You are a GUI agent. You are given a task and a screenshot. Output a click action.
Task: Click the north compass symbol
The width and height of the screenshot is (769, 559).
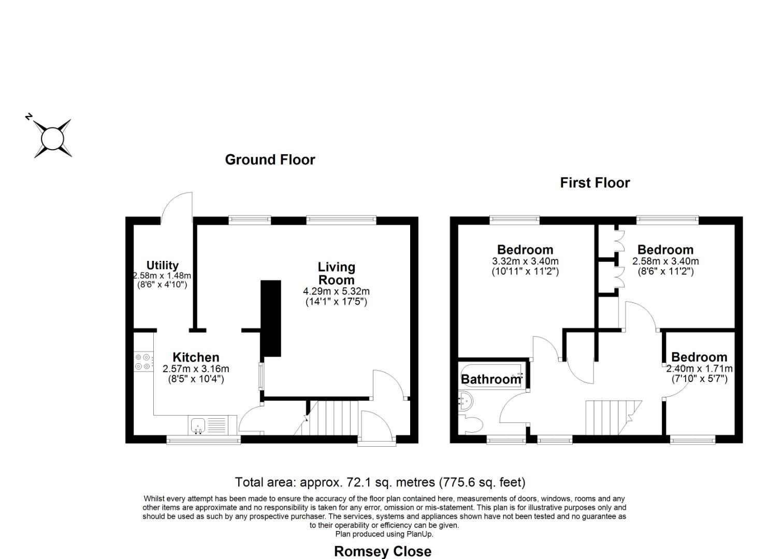tap(52, 138)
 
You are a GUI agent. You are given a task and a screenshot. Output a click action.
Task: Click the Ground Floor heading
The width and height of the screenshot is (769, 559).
tap(270, 159)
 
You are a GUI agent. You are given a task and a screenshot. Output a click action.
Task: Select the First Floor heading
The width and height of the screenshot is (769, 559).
tap(594, 183)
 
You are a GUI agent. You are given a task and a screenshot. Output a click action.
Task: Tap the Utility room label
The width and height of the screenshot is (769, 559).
tap(162, 266)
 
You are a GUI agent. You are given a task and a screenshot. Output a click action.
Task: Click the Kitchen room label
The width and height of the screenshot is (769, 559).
tap(196, 357)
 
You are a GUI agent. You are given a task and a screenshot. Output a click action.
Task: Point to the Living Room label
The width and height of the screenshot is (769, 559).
tap(336, 273)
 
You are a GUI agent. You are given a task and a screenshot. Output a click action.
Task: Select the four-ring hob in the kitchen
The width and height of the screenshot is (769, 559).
tap(143, 362)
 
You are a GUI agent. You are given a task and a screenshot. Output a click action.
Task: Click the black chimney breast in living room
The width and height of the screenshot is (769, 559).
tap(270, 318)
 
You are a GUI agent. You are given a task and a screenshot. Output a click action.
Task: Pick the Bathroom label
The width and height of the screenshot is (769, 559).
tap(490, 379)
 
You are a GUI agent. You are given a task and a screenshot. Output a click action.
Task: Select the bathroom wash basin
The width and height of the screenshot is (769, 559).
tap(465, 400)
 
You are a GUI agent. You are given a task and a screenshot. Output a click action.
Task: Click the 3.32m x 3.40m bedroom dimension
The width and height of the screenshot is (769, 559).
tap(525, 261)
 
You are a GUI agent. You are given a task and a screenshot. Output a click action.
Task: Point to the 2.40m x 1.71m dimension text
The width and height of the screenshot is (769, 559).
tap(699, 369)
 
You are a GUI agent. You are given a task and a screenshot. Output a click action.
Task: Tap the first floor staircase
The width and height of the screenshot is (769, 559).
tap(611, 418)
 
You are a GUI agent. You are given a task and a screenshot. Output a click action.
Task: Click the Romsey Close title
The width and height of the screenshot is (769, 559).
tap(382, 551)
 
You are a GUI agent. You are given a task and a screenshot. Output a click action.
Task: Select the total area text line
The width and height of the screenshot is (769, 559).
tap(380, 482)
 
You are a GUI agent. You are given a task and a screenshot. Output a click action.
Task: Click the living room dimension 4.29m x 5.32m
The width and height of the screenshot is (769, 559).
tap(336, 291)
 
